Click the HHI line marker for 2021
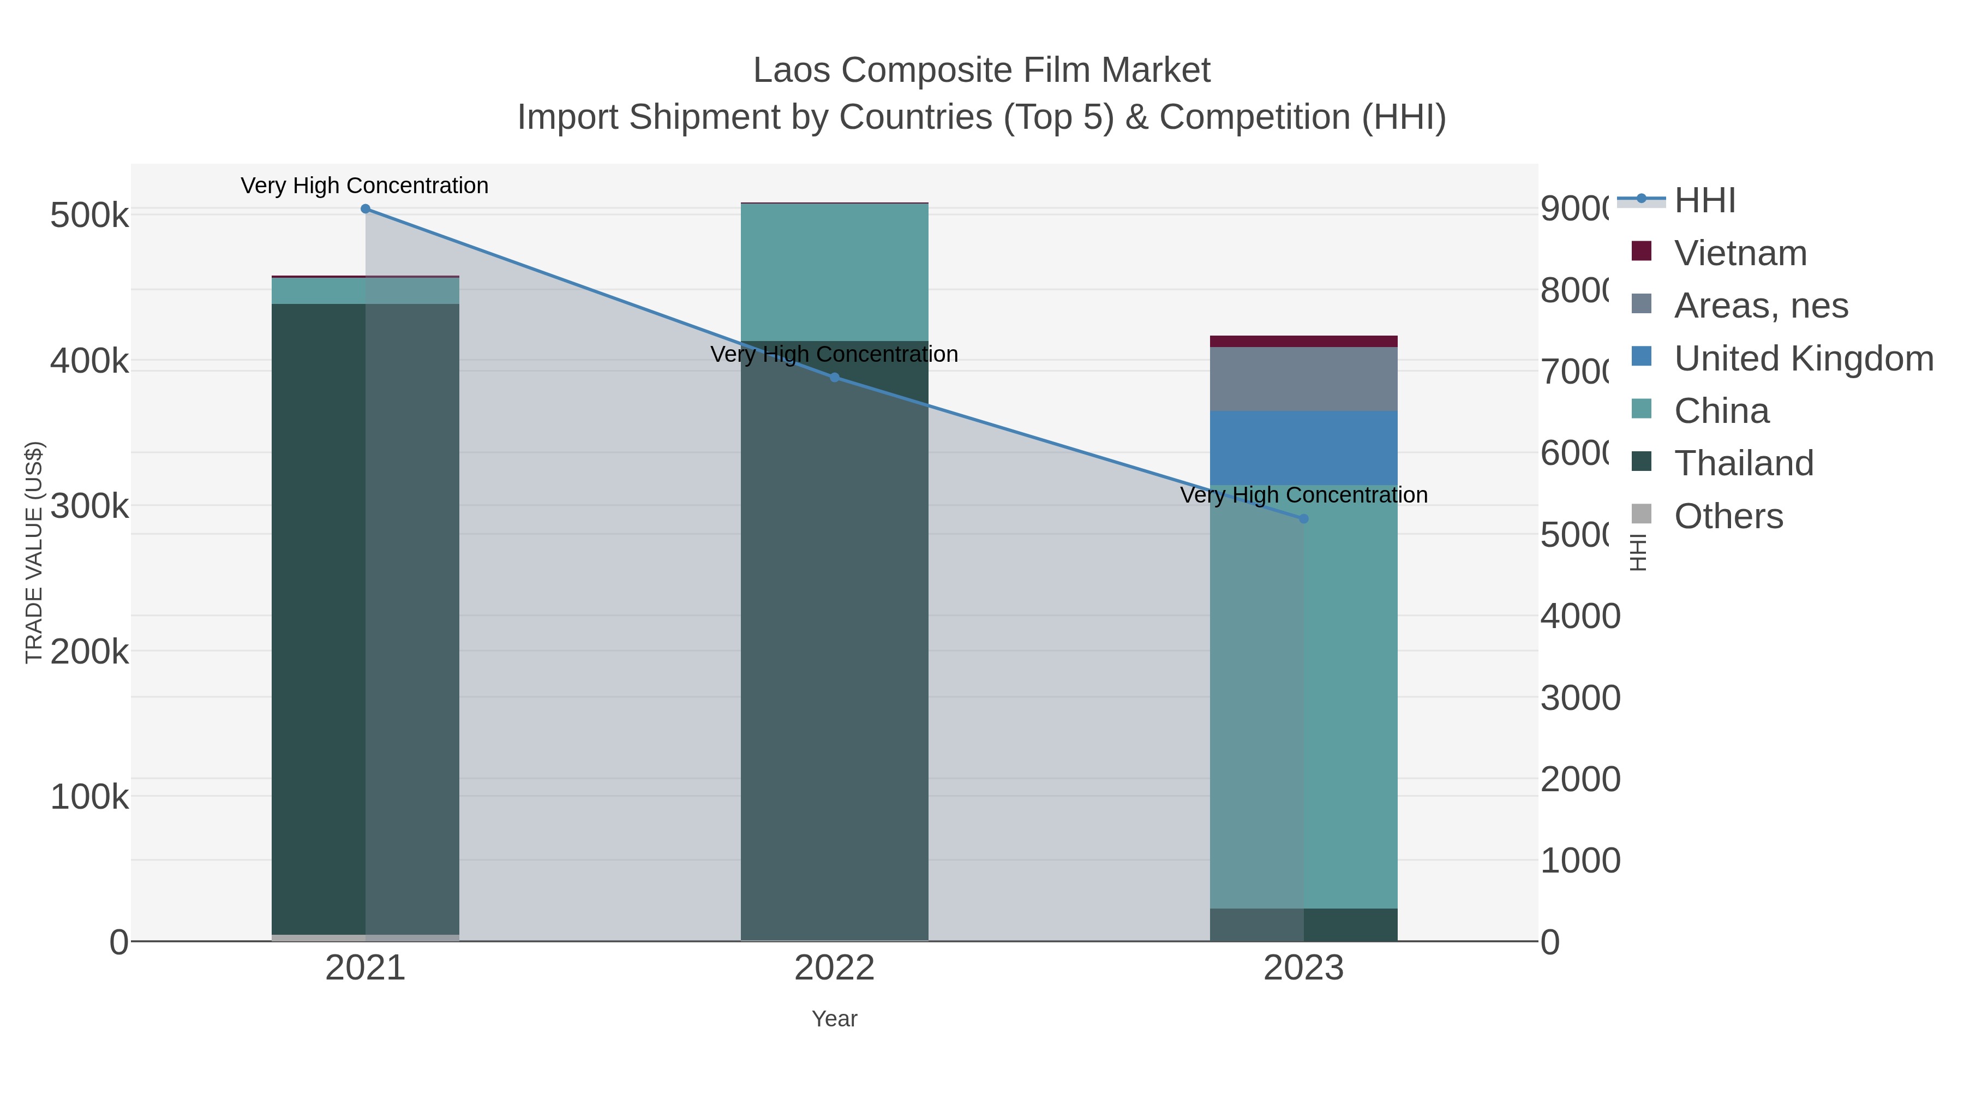click(365, 209)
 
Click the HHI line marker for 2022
click(834, 378)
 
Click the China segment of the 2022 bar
click(834, 272)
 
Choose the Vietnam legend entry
click(1740, 253)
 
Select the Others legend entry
click(1728, 516)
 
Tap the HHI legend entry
click(1705, 201)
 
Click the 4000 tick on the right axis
click(1580, 616)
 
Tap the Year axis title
click(834, 1019)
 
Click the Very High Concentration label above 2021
click(364, 186)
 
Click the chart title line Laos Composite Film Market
click(981, 71)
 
